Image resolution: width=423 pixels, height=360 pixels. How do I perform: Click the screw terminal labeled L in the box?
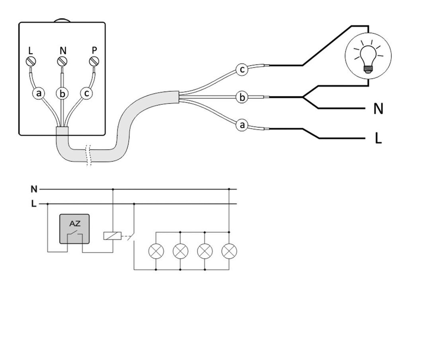[31, 62]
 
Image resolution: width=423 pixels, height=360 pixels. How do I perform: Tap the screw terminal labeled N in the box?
[62, 62]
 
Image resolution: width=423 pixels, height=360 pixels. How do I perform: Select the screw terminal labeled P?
[94, 62]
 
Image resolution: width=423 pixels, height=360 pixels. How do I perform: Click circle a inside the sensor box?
[39, 94]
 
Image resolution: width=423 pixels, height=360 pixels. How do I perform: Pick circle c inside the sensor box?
[86, 94]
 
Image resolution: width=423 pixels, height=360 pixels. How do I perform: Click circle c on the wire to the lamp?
[242, 69]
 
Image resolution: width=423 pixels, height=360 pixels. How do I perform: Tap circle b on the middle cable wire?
[242, 98]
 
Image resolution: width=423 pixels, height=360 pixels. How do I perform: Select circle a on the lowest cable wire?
[242, 124]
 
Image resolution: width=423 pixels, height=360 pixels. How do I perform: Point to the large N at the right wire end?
[378, 109]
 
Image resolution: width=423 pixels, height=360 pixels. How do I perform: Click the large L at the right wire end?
[378, 139]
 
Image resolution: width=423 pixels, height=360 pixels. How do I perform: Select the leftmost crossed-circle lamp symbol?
[156, 251]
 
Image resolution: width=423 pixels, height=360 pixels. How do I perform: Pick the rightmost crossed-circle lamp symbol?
[229, 251]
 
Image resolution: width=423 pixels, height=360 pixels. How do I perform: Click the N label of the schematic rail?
[34, 189]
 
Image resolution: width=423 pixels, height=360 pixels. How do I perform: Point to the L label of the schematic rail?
[34, 203]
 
